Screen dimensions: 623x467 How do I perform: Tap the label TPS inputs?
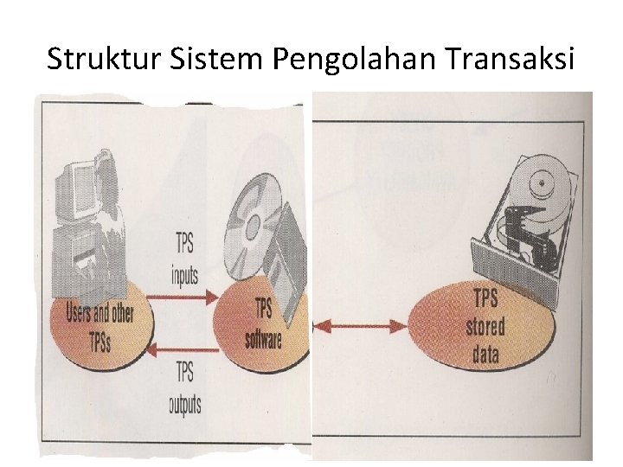pos(184,258)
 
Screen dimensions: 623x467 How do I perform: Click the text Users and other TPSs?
pos(100,324)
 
